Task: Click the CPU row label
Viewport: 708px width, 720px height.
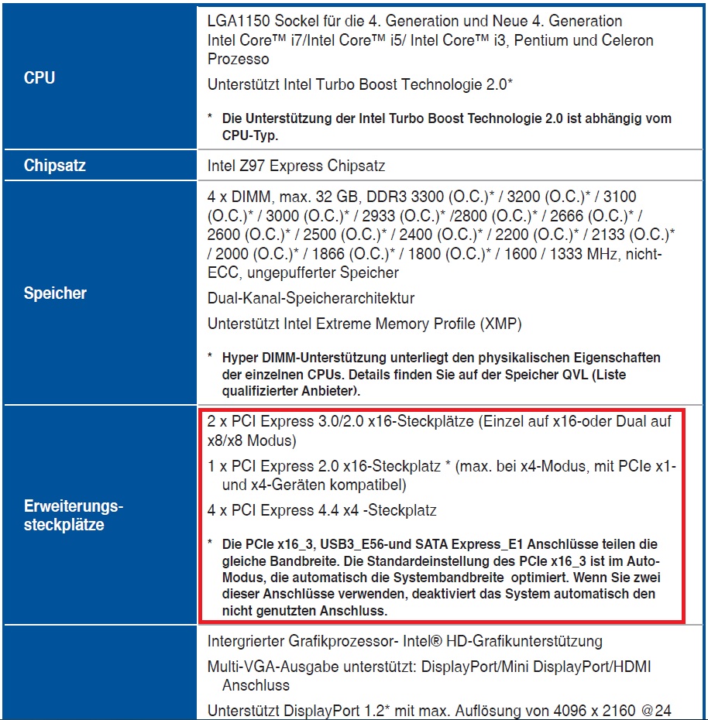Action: tap(39, 78)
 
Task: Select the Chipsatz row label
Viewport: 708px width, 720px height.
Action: tap(54, 166)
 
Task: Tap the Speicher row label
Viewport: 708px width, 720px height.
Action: tap(55, 293)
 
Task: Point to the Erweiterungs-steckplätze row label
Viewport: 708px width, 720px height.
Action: tap(74, 516)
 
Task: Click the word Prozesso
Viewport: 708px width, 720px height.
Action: tap(239, 59)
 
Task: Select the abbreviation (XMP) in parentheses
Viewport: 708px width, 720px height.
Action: tap(500, 324)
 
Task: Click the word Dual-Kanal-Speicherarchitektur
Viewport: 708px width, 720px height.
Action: tap(311, 298)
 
